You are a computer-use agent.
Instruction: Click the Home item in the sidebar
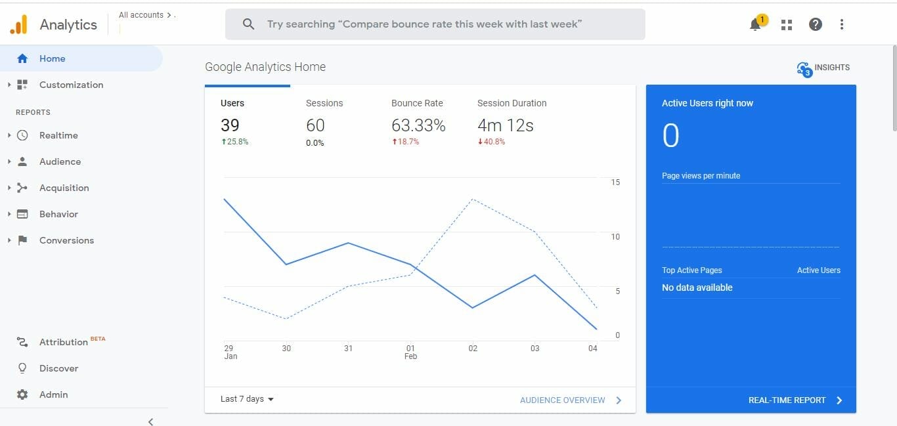pyautogui.click(x=52, y=58)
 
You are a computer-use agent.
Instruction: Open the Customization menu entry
pyautogui.click(x=71, y=85)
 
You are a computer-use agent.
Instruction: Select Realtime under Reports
pyautogui.click(x=58, y=135)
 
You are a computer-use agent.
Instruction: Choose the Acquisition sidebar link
pyautogui.click(x=64, y=188)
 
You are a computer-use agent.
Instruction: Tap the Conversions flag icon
pyautogui.click(x=22, y=240)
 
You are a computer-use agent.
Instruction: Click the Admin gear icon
pyautogui.click(x=22, y=394)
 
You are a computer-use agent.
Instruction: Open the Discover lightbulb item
pyautogui.click(x=22, y=368)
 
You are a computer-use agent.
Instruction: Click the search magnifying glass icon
pyautogui.click(x=248, y=24)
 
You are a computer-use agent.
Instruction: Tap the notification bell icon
pyautogui.click(x=755, y=25)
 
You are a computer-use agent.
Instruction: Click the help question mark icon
pyautogui.click(x=816, y=24)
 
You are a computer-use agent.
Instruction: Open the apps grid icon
pyautogui.click(x=787, y=25)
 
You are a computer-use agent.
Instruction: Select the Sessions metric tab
pyautogui.click(x=324, y=103)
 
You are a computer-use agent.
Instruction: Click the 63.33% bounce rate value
pyautogui.click(x=418, y=125)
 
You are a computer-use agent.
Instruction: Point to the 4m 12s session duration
pyautogui.click(x=505, y=125)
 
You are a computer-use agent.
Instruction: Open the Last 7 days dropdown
pyautogui.click(x=247, y=399)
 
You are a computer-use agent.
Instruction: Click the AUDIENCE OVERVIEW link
pyautogui.click(x=563, y=400)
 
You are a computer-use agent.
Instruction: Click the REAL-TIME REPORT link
pyautogui.click(x=787, y=400)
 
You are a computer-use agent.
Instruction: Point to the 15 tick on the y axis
pyautogui.click(x=615, y=182)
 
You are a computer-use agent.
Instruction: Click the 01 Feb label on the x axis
pyautogui.click(x=410, y=352)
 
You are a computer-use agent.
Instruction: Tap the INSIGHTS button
pyautogui.click(x=823, y=68)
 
